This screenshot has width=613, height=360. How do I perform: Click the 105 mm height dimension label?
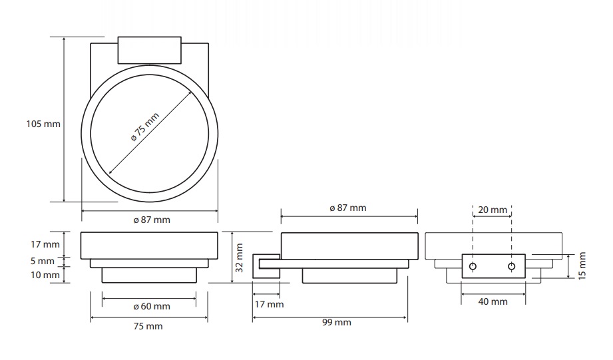click(x=43, y=124)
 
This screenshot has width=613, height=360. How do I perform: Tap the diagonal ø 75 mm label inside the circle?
click(x=145, y=126)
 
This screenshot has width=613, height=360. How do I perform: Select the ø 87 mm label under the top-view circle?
click(x=152, y=220)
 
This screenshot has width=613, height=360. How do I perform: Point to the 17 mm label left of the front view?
click(x=45, y=245)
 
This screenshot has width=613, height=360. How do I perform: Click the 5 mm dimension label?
click(x=43, y=261)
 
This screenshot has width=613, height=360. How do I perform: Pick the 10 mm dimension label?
click(x=45, y=275)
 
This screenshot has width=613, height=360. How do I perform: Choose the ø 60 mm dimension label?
click(x=152, y=307)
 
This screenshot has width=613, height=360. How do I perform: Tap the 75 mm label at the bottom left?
click(x=148, y=326)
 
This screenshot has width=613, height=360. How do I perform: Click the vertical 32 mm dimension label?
click(x=240, y=258)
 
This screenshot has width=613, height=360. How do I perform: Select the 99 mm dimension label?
click(x=337, y=323)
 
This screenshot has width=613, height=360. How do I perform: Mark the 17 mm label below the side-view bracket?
click(x=270, y=304)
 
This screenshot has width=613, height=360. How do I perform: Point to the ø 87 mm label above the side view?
click(x=348, y=208)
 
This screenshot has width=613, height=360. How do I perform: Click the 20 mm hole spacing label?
click(x=493, y=210)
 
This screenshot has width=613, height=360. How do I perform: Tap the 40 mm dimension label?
click(x=493, y=301)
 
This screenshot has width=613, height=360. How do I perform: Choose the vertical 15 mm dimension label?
click(x=582, y=266)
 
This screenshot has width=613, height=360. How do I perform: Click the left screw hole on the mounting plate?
click(x=473, y=267)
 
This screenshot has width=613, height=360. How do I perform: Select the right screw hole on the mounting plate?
click(x=511, y=267)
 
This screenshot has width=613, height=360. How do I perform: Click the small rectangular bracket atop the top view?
click(x=150, y=50)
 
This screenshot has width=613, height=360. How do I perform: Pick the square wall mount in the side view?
click(x=266, y=266)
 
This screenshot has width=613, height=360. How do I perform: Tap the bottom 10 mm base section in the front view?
click(x=149, y=275)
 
